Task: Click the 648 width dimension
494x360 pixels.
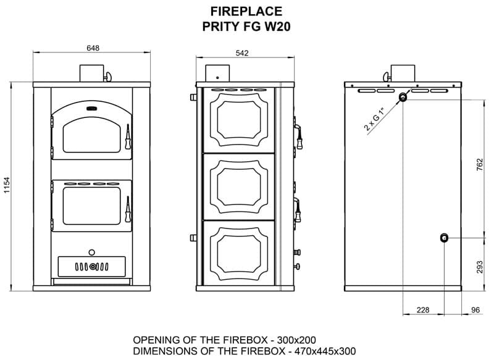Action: click(x=93, y=48)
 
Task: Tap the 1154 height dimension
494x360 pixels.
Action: click(x=7, y=185)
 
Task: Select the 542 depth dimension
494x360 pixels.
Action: click(x=242, y=53)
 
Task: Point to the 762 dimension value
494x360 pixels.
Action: click(x=479, y=165)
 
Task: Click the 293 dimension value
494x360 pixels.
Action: click(x=479, y=267)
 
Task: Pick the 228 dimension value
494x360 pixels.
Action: click(x=423, y=310)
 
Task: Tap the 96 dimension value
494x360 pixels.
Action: click(x=475, y=310)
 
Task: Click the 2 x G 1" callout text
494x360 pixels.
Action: click(x=375, y=119)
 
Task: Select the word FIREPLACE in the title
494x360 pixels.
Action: click(x=246, y=12)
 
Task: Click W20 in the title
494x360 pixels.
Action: click(x=277, y=27)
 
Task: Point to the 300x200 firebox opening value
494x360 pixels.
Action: click(x=296, y=340)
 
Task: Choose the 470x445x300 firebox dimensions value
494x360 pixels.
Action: click(x=325, y=351)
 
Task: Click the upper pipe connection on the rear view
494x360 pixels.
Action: click(x=403, y=97)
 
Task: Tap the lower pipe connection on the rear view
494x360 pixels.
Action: click(x=444, y=238)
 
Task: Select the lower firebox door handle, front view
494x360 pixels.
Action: click(x=128, y=209)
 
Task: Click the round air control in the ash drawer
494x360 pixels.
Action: click(x=92, y=267)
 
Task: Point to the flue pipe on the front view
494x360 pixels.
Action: click(x=91, y=73)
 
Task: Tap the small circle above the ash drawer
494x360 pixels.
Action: click(x=91, y=253)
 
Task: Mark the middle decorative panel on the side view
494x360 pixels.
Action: click(x=239, y=186)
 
